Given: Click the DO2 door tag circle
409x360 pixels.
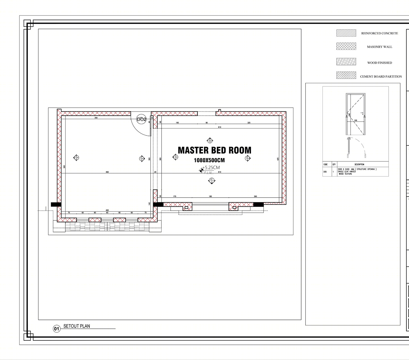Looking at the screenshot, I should (141, 119).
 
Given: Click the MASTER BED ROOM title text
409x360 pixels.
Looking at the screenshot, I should (214, 150).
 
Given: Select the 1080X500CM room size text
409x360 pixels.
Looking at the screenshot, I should (209, 160).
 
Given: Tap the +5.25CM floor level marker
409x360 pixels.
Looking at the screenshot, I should (210, 168).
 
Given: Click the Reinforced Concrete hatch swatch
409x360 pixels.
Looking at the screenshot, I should (346, 33).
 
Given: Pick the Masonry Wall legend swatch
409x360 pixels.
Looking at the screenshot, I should (346, 46).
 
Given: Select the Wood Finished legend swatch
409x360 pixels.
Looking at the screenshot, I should (346, 62).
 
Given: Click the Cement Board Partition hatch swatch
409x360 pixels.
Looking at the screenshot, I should (346, 75).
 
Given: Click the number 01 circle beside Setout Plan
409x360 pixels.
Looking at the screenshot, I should (56, 329).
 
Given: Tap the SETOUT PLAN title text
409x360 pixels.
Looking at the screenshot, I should (77, 326).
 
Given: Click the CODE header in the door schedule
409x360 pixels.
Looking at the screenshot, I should (325, 165).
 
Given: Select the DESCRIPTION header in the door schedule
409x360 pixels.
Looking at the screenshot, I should (359, 165).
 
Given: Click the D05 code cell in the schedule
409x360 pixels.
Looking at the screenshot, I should (325, 172).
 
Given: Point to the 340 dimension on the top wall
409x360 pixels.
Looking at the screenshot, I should (96, 118).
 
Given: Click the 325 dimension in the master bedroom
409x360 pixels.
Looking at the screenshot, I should (249, 123).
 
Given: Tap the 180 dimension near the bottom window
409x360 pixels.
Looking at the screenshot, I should (210, 196).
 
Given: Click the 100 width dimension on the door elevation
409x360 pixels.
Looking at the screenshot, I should (356, 120).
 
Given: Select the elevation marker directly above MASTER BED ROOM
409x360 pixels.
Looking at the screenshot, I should (209, 141).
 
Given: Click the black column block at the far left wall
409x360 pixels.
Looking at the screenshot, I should (56, 205).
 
